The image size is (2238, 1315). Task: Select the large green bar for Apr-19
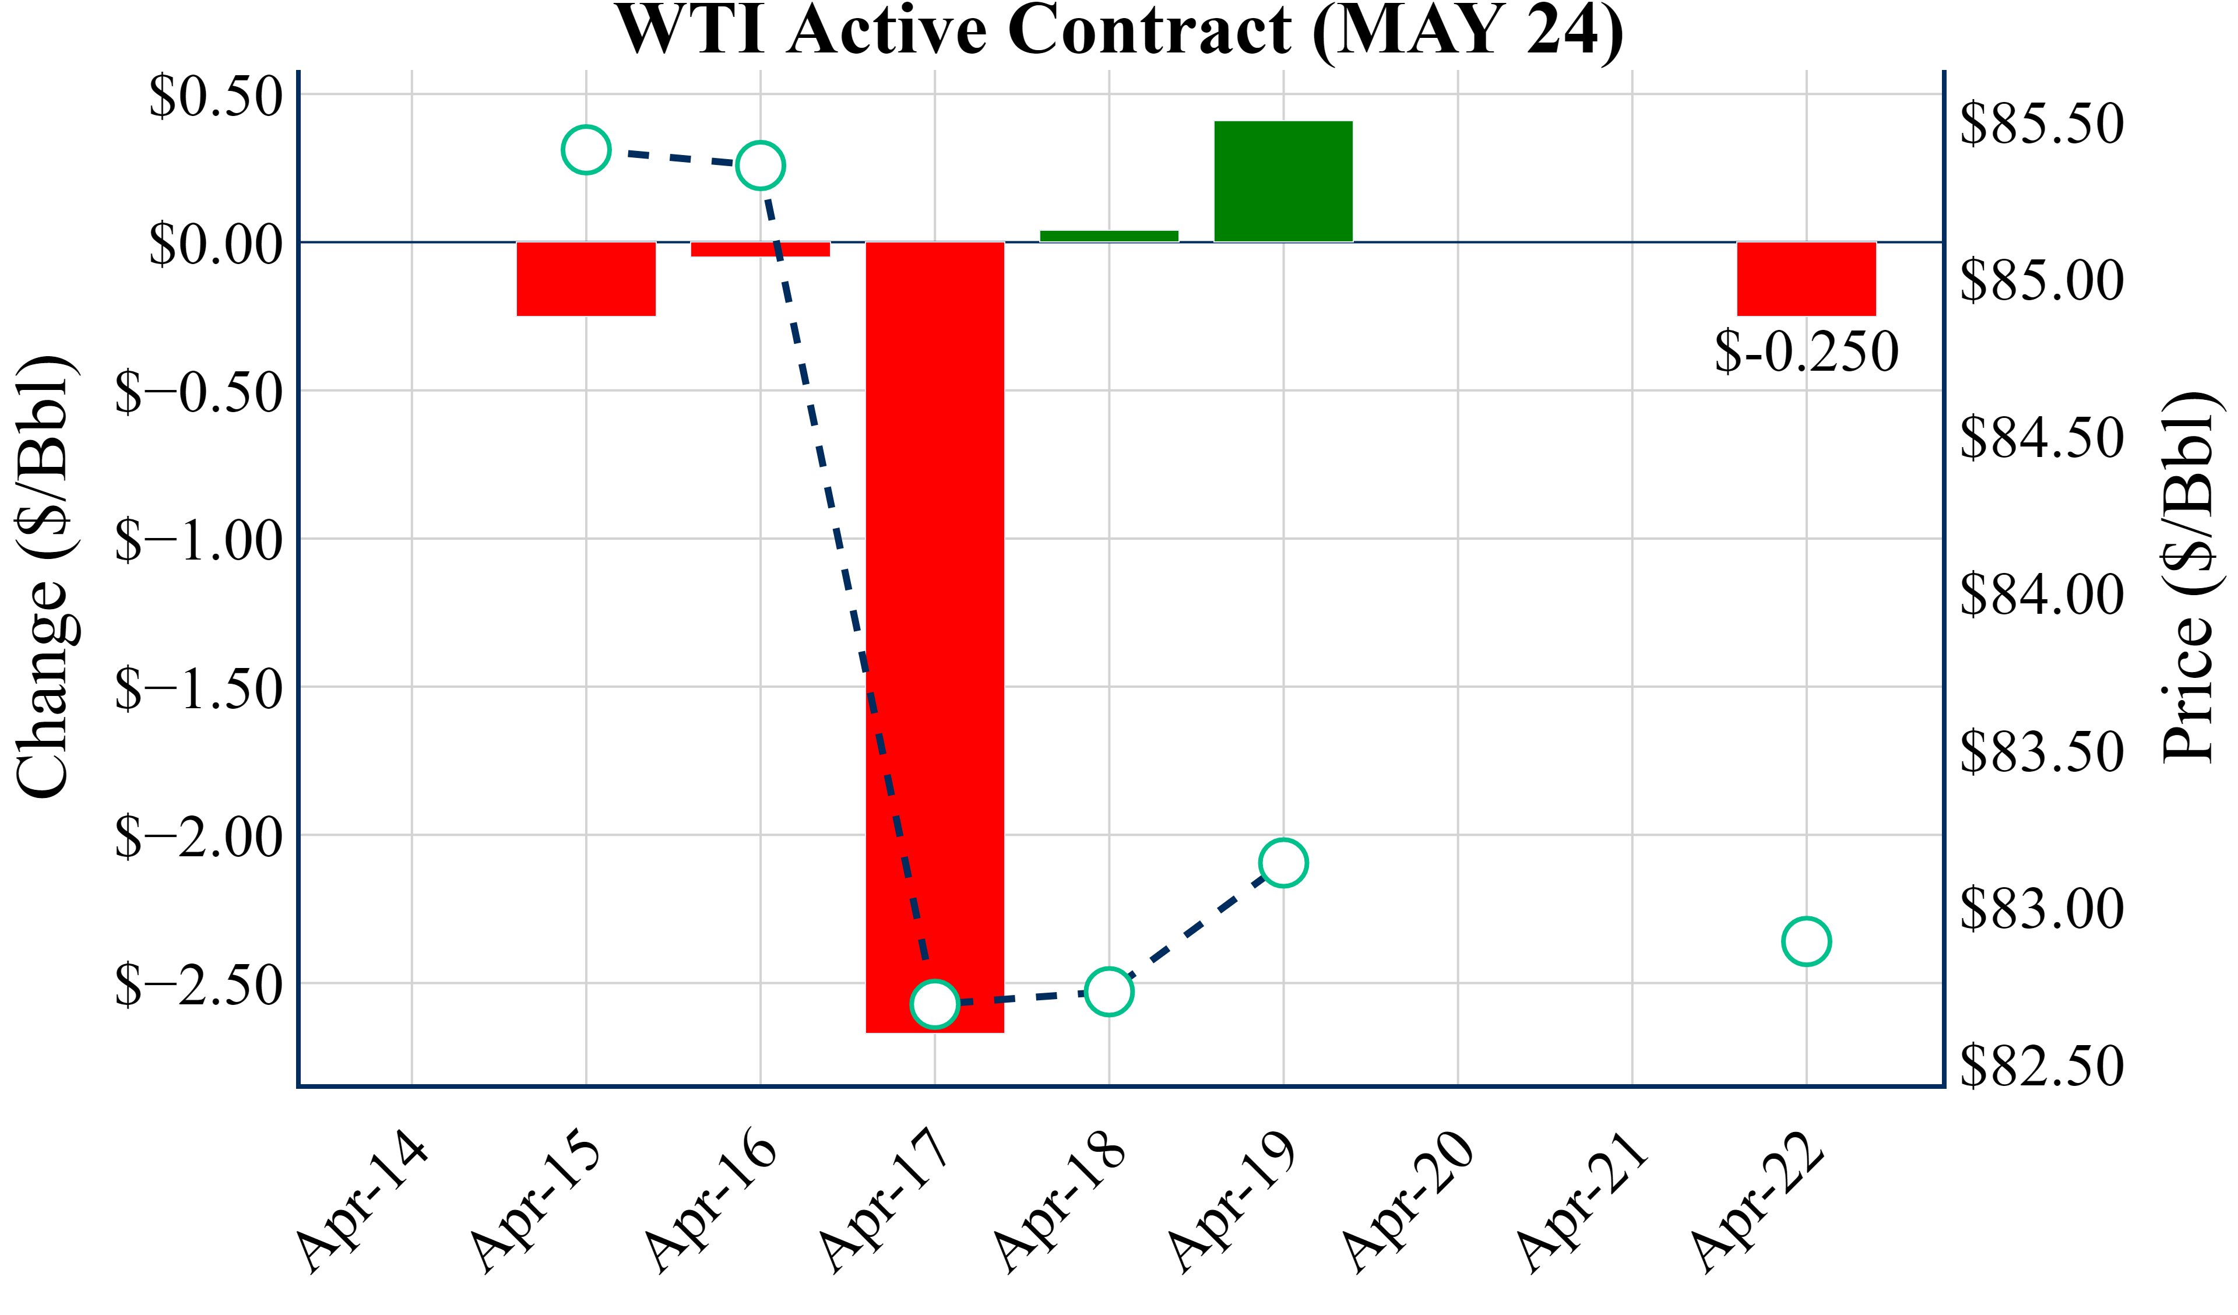(x=1283, y=181)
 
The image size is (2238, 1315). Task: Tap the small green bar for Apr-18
(x=1109, y=236)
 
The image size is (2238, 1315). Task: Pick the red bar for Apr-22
(x=1806, y=279)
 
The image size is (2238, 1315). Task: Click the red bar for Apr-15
(x=586, y=279)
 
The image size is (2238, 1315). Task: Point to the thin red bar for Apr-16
(x=760, y=249)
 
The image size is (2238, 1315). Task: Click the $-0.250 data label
(x=1806, y=352)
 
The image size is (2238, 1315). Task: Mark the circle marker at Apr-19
(x=1283, y=863)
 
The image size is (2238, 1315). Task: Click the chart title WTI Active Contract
(x=1119, y=30)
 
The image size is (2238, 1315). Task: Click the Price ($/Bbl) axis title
(x=2192, y=578)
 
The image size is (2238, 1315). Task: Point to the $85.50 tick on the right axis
(x=2042, y=124)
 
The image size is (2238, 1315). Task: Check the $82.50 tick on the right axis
(x=2042, y=1066)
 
